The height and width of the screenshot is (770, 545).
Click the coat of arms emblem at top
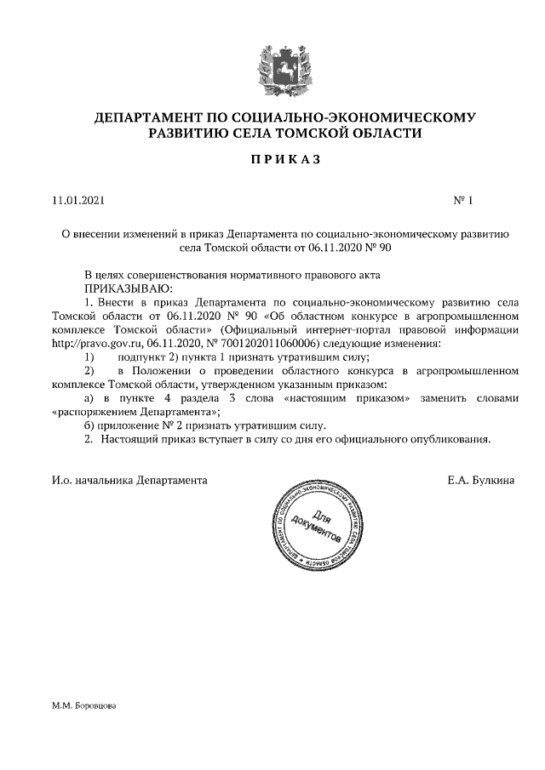272,66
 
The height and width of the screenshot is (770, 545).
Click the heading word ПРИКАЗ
272,159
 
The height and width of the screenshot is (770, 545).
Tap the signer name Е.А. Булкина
481,481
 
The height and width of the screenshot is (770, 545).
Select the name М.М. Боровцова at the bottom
83,706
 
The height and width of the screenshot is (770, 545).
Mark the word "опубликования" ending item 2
450,439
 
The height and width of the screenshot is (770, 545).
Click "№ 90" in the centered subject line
377,249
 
